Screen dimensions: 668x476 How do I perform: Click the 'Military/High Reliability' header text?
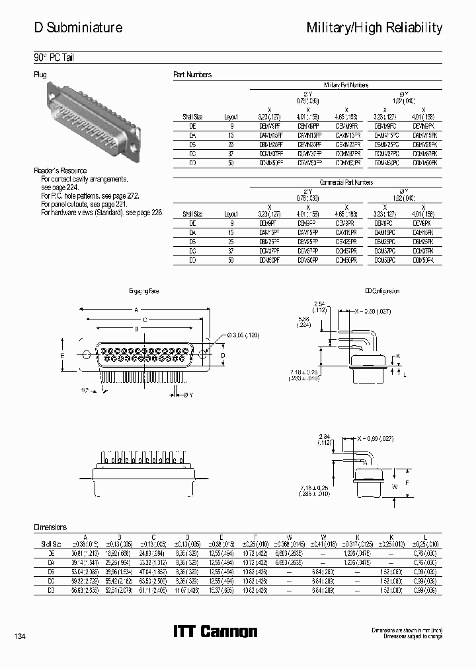374,28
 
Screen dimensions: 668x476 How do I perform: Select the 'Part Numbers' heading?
192,75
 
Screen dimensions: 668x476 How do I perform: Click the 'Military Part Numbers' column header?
346,85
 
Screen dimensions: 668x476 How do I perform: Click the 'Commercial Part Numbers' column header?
346,182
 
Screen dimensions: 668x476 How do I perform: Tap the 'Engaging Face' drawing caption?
143,291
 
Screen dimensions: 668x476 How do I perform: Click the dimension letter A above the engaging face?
136,310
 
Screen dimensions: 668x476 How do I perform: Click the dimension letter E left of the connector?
62,355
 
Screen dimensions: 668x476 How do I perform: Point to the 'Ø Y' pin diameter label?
169,395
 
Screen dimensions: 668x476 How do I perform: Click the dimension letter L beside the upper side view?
405,374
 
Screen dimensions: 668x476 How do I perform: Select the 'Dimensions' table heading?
51,527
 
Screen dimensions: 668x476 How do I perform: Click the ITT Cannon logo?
215,632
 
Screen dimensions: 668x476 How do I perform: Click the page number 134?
20,636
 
